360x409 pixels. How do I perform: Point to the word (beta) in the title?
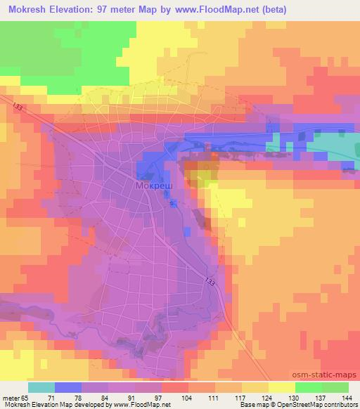270,9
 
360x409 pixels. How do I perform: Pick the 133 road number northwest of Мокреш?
18,106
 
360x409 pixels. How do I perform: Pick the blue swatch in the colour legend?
67,387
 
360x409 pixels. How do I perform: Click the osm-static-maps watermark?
329,376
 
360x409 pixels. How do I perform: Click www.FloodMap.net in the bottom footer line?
143,405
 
